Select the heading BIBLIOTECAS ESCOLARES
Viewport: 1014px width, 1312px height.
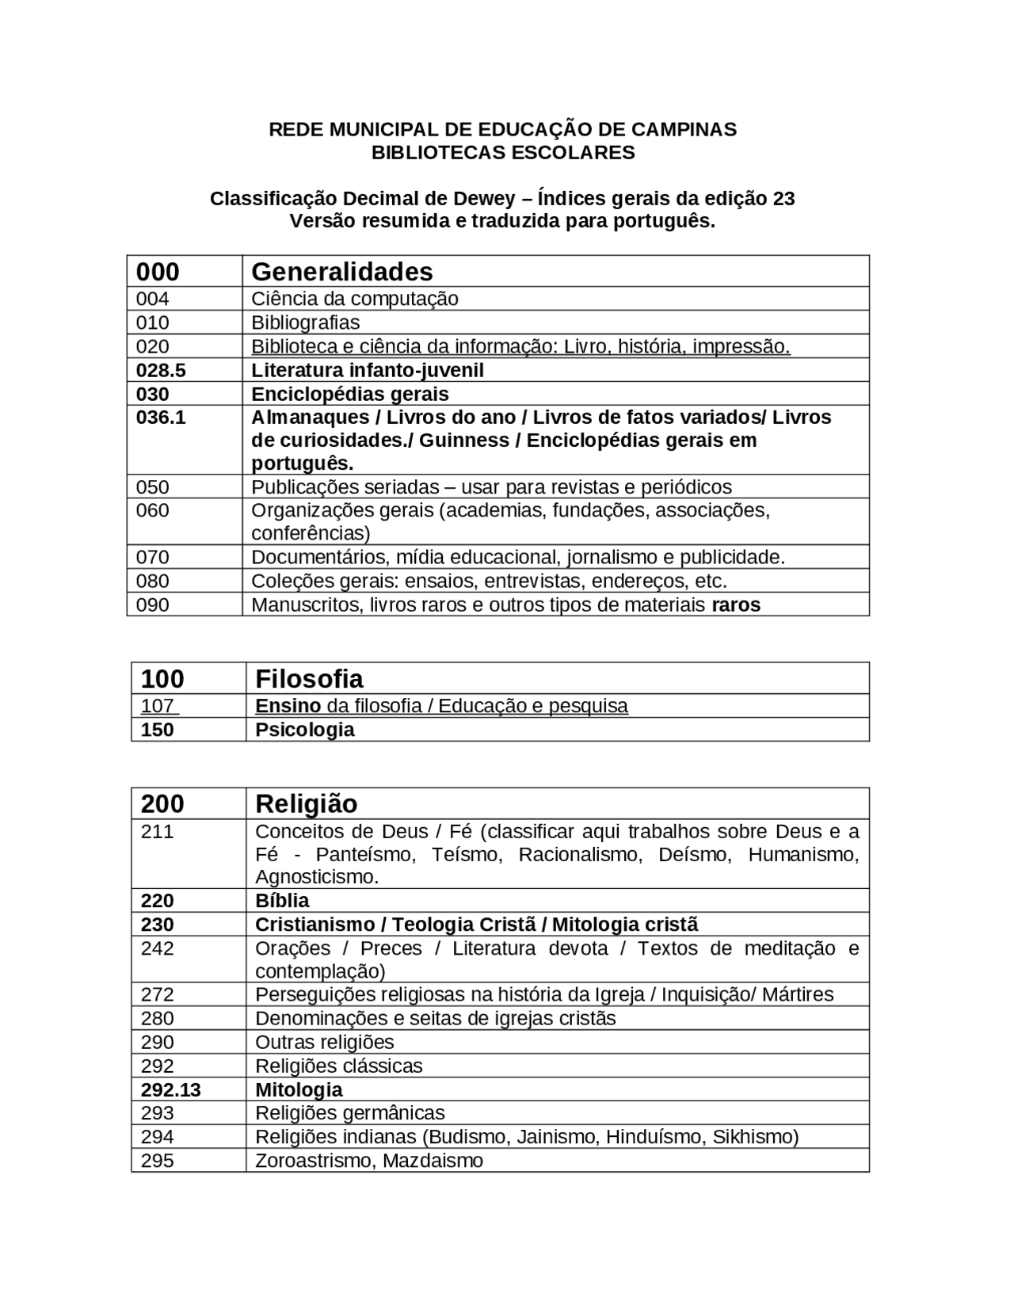point(503,152)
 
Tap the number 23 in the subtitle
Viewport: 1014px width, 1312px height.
point(783,198)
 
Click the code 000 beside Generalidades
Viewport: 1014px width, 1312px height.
point(158,272)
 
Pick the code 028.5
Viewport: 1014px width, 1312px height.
point(161,370)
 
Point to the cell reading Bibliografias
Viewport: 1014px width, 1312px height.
point(305,322)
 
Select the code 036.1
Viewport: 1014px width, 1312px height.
point(161,418)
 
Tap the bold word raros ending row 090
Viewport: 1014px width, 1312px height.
point(736,605)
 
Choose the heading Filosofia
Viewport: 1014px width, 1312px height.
point(309,679)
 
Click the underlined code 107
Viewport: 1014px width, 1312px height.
point(158,706)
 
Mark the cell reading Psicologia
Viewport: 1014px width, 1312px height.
point(304,730)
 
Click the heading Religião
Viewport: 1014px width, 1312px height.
point(306,804)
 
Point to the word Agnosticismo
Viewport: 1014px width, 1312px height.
point(316,877)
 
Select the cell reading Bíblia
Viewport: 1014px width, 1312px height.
point(282,901)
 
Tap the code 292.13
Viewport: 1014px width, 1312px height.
point(170,1090)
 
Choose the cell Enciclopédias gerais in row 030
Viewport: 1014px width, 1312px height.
point(350,394)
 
